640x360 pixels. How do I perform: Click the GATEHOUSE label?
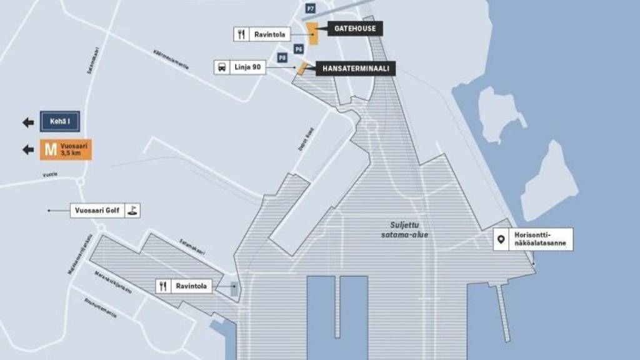point(354,29)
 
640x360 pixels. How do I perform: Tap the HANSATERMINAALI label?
point(356,68)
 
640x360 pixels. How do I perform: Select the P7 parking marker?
point(311,8)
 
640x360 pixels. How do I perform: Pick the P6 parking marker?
point(299,48)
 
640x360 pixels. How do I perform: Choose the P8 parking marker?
point(282,57)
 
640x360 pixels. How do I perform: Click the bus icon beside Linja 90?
point(222,67)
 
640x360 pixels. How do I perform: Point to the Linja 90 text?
point(247,67)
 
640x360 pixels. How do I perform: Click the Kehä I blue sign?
point(59,122)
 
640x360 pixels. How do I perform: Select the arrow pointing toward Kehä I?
point(28,122)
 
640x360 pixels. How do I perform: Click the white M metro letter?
point(50,149)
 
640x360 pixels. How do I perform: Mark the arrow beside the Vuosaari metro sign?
point(28,149)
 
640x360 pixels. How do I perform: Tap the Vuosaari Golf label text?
point(97,211)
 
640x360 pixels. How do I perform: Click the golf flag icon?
point(132,211)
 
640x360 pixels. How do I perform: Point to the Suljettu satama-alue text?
point(404,229)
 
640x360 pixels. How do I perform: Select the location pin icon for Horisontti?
point(501,239)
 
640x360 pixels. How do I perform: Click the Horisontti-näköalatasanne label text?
point(541,239)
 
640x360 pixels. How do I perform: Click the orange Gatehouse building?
point(312,33)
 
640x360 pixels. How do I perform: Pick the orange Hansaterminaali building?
point(301,68)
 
